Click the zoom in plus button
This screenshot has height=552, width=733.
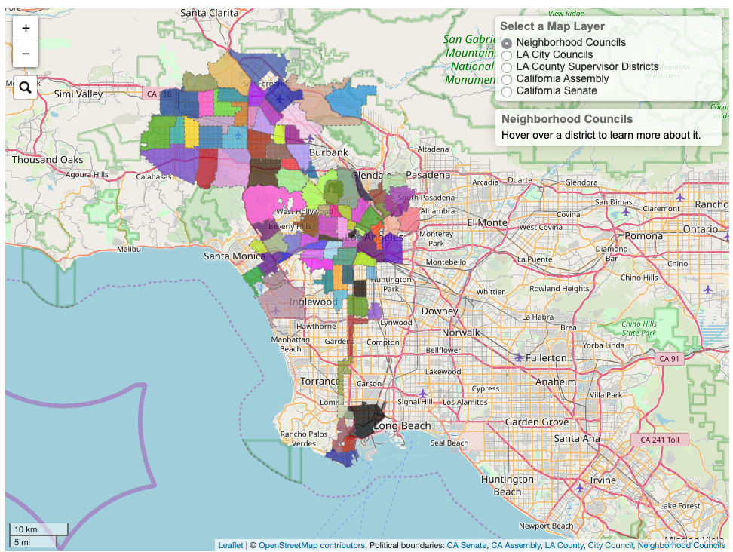tap(26, 29)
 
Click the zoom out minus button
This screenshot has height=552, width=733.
tap(26, 54)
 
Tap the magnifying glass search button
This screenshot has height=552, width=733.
tap(25, 88)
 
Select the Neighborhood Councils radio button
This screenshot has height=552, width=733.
tap(507, 43)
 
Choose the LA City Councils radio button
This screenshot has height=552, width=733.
tap(507, 55)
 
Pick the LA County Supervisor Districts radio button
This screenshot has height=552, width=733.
tap(507, 67)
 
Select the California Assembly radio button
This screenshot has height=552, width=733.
tap(507, 79)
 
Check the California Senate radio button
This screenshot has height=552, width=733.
tap(507, 91)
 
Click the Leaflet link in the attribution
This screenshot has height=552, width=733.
tap(231, 545)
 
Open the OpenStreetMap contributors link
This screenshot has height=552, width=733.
tap(311, 545)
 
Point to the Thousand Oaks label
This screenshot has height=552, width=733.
tap(48, 160)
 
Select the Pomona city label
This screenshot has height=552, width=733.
tap(643, 235)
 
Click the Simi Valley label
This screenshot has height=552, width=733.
tap(78, 94)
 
